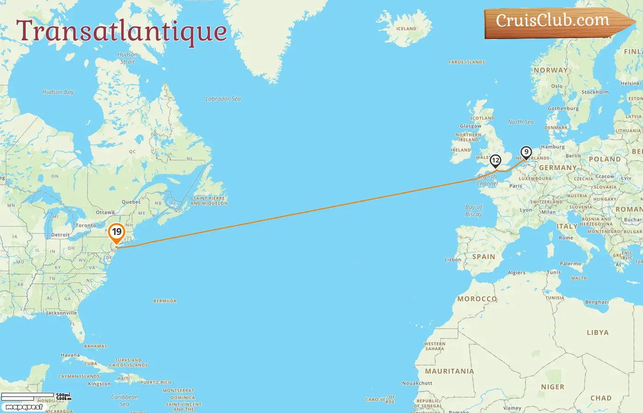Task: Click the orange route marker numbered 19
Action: click(x=117, y=232)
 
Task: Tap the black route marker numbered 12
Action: click(x=495, y=161)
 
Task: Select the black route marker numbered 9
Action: click(x=526, y=152)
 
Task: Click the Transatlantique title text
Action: click(x=122, y=31)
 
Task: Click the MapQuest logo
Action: click(x=24, y=407)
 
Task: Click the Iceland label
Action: click(x=406, y=28)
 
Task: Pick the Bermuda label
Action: click(x=164, y=301)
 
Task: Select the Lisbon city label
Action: click(x=452, y=260)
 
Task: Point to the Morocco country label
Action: click(x=477, y=299)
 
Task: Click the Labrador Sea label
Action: click(x=223, y=99)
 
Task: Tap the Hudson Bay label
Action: click(x=58, y=92)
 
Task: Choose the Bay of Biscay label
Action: click(x=474, y=211)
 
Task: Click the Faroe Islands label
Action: click(x=467, y=62)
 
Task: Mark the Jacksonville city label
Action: click(x=62, y=313)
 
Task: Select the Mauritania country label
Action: click(x=449, y=371)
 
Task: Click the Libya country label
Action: click(x=597, y=333)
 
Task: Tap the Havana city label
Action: click(x=70, y=355)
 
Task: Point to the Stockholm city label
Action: click(x=595, y=92)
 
